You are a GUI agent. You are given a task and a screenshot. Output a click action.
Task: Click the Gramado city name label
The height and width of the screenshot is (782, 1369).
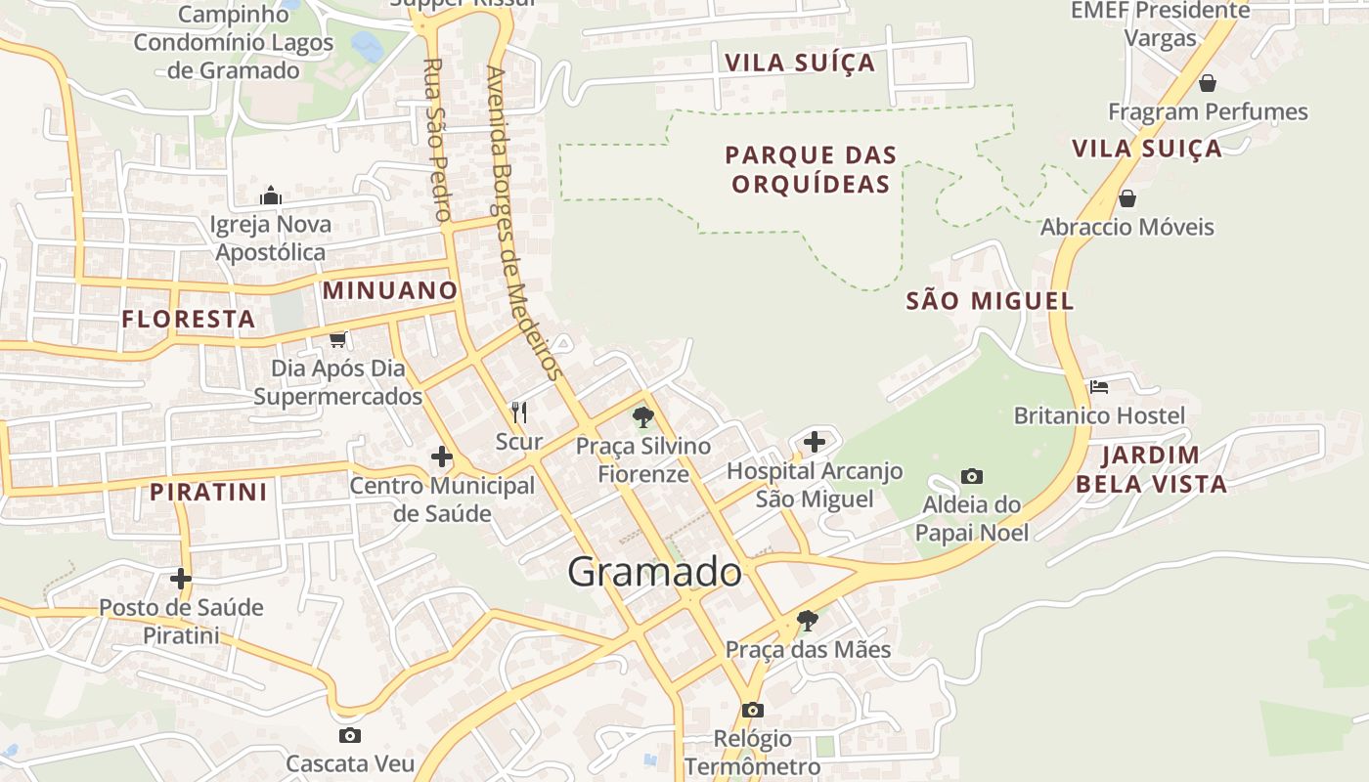click(x=654, y=572)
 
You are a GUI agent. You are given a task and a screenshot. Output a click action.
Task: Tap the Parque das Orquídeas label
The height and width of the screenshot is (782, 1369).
click(x=811, y=169)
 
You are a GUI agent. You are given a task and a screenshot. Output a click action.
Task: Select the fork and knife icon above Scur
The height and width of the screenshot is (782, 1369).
click(x=519, y=413)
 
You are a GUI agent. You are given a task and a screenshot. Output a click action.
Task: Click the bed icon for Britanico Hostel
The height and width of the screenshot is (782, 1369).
click(x=1099, y=387)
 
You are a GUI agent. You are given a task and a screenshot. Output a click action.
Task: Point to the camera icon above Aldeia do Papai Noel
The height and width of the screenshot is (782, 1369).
click(x=972, y=476)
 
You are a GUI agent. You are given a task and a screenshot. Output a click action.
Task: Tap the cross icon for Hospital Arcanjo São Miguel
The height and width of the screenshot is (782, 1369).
click(x=815, y=442)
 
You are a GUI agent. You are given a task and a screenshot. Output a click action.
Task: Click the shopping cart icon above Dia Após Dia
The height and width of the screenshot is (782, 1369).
click(x=338, y=339)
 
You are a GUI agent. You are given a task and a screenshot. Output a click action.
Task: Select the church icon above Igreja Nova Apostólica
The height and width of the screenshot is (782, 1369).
click(x=271, y=196)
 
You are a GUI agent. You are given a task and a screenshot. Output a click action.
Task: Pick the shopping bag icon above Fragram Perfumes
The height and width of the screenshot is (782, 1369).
click(x=1208, y=83)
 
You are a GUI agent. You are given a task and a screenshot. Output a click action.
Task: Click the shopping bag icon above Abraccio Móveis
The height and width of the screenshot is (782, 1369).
click(x=1126, y=198)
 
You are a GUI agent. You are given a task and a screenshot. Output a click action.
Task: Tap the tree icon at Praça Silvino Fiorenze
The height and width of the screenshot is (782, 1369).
click(x=642, y=417)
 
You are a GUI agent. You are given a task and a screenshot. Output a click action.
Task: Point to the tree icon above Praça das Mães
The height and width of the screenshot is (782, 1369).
click(x=807, y=620)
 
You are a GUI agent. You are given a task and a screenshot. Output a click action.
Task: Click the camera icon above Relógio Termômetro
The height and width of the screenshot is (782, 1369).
click(x=752, y=710)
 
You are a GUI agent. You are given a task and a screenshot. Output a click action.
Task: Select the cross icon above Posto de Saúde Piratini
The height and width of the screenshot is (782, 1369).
click(x=181, y=579)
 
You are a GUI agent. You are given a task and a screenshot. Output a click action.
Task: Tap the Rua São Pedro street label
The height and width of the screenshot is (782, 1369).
click(x=437, y=139)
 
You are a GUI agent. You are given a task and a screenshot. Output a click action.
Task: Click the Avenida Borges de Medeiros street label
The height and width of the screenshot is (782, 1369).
click(x=524, y=223)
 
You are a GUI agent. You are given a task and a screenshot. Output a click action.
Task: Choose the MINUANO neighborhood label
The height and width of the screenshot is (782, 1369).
click(x=390, y=290)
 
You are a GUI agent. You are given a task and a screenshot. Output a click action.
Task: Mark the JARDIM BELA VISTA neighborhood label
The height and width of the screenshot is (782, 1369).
click(x=1151, y=469)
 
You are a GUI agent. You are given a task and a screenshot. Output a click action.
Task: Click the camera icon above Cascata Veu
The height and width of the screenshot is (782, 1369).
click(x=350, y=735)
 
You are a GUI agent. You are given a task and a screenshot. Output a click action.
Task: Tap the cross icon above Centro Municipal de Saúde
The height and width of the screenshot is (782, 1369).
click(x=442, y=456)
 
